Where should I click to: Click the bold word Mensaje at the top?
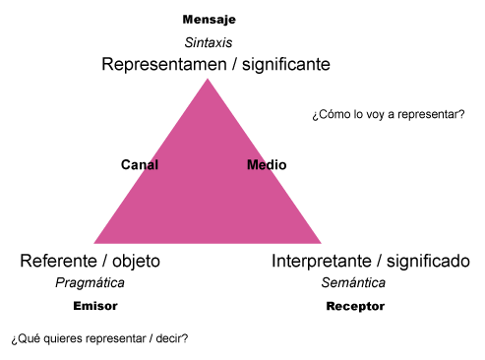pos(210,20)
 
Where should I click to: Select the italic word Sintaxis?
pos(209,43)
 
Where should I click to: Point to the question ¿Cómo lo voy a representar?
pos(388,114)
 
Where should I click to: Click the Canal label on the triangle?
pos(140,165)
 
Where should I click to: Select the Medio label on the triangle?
pos(266,165)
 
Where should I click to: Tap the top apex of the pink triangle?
pos(207,79)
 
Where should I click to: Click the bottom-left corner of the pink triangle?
pos(95,242)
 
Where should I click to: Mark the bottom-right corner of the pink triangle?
pos(320,242)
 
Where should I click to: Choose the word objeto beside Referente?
pos(133,262)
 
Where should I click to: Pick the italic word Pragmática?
pos(90,283)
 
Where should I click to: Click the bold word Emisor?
pos(94,306)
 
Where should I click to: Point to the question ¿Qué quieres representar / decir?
pos(99,338)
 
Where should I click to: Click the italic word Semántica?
pos(353,283)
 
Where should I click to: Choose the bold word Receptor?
pos(355,306)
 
